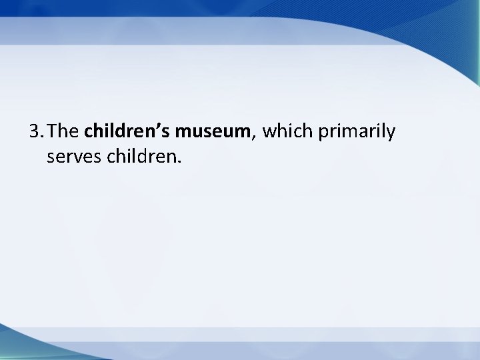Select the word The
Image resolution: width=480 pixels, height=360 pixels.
pos(65,132)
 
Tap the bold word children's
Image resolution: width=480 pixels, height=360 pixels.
pos(128,132)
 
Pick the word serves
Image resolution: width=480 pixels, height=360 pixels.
pos(71,159)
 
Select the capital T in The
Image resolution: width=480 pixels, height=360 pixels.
pos(53,132)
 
